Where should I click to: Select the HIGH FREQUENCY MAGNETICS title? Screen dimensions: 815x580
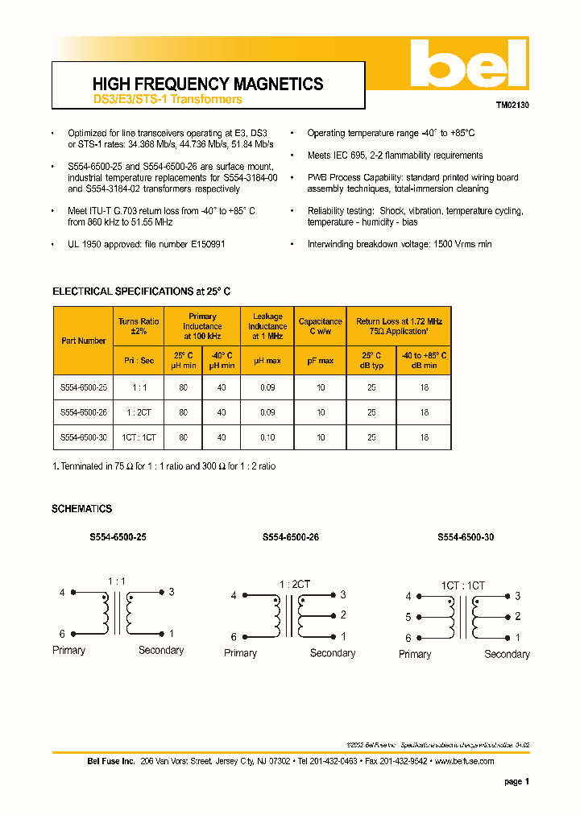(x=208, y=84)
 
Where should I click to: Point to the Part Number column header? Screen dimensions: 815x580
(x=84, y=341)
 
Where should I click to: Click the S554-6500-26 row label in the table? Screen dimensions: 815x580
(x=84, y=412)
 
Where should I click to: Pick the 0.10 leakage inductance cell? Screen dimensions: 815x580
(x=267, y=437)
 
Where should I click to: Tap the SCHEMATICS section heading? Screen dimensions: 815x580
(x=81, y=509)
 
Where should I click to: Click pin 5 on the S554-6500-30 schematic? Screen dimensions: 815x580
(x=408, y=618)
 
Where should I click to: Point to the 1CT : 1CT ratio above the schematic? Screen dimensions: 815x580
(x=462, y=586)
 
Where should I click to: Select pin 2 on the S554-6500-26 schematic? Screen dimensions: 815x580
(x=343, y=615)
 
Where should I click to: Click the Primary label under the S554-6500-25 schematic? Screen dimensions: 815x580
(x=68, y=650)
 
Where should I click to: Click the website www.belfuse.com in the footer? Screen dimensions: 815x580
(x=465, y=761)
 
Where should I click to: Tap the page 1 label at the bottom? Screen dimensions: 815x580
(x=516, y=781)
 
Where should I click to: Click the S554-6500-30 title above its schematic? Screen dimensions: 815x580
(x=466, y=537)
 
